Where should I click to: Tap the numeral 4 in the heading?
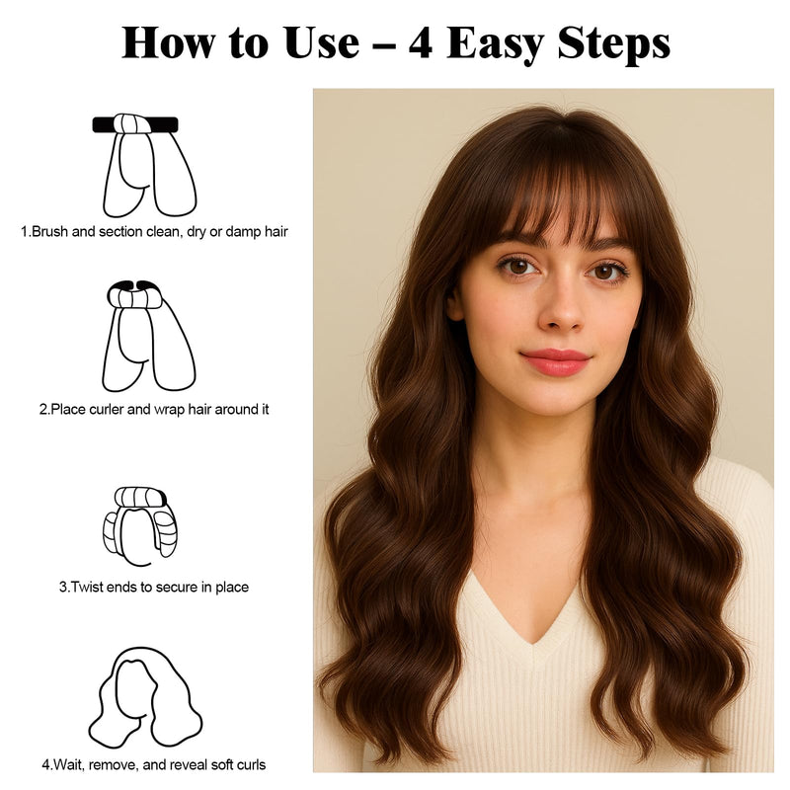[420, 43]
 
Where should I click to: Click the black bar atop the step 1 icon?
[135, 124]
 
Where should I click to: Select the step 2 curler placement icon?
[148, 336]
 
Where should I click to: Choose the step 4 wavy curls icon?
[145, 697]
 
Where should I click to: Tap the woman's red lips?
[554, 361]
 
